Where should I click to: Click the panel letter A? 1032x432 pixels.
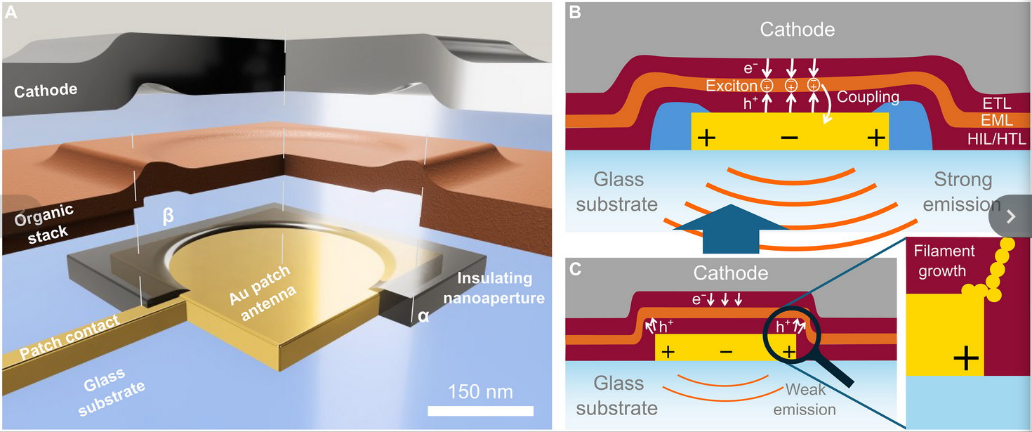[11, 13]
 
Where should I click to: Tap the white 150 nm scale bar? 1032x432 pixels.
[481, 410]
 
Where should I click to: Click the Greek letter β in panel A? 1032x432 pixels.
[168, 216]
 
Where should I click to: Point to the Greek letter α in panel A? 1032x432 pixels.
[423, 316]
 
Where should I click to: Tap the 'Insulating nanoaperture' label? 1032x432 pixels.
[501, 288]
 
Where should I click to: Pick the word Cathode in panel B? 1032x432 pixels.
[798, 30]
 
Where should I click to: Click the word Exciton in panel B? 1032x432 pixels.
[732, 86]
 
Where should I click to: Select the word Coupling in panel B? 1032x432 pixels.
[868, 97]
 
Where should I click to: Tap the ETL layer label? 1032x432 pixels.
[997, 105]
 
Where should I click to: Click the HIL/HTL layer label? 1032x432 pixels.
[995, 139]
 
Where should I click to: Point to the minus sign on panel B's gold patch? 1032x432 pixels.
[790, 138]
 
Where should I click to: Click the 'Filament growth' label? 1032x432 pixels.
[945, 261]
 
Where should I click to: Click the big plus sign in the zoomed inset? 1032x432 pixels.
[966, 360]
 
